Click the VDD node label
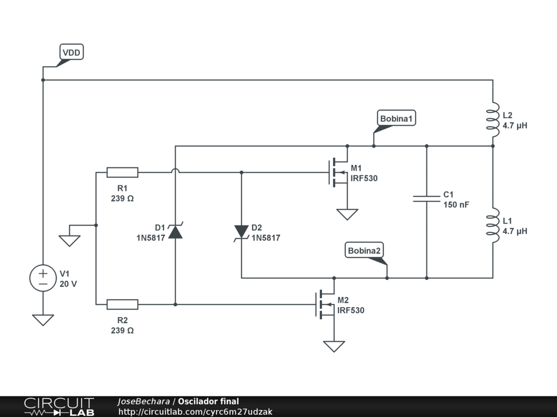[71, 52]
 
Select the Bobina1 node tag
[396, 118]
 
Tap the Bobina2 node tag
[364, 250]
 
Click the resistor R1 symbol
[122, 172]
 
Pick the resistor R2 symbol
[122, 304]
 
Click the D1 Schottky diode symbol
[175, 231]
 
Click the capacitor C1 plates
[426, 199]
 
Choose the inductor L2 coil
[493, 119]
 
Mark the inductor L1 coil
[493, 225]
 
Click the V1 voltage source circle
[43, 278]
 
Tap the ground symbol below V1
[43, 320]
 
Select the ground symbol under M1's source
[348, 214]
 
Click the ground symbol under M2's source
[334, 346]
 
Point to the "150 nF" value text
[456, 205]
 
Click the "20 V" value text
[68, 283]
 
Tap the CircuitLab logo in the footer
[59, 407]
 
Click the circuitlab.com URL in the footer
[195, 412]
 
